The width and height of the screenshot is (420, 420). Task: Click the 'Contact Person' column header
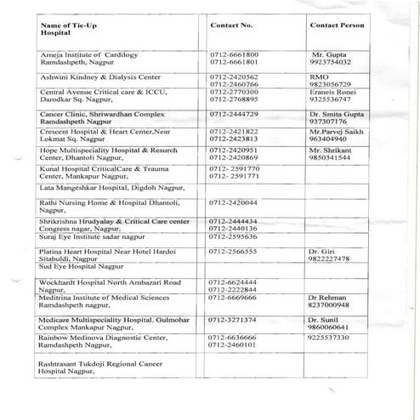(x=338, y=26)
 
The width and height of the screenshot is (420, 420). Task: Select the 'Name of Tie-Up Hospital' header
(x=65, y=30)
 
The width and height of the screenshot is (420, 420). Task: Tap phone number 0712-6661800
(x=234, y=54)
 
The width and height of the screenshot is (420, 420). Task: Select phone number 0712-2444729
(x=234, y=113)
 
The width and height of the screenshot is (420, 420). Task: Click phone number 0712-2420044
(x=234, y=204)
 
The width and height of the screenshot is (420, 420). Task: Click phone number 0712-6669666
(x=234, y=298)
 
